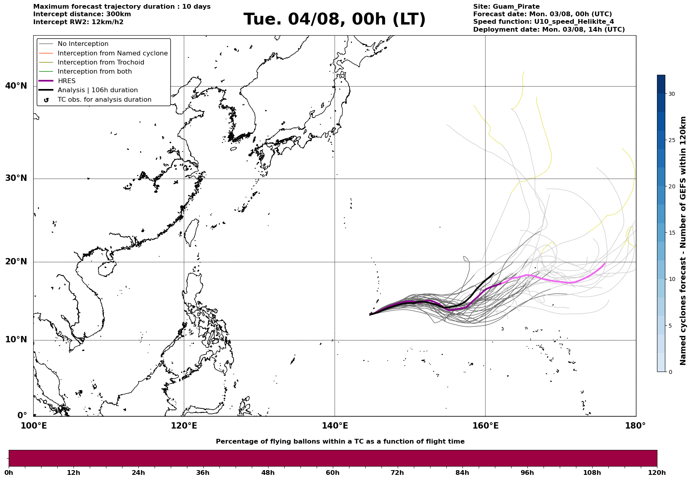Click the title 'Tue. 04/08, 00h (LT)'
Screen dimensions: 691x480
(x=334, y=19)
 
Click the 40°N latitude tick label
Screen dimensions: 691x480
(x=16, y=86)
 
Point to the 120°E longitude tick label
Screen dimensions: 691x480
(x=184, y=426)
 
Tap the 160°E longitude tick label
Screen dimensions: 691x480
(x=485, y=426)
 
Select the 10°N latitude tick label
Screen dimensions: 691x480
(x=16, y=340)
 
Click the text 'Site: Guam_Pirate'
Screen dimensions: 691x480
(x=506, y=7)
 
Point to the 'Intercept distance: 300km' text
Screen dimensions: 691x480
(x=82, y=14)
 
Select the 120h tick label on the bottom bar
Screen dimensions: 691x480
(x=657, y=472)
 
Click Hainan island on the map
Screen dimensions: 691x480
(x=106, y=269)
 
